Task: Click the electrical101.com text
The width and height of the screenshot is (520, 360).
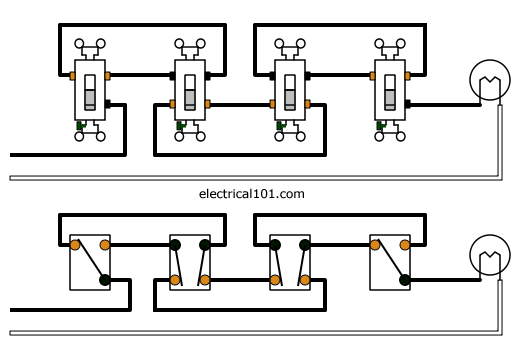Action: [251, 193]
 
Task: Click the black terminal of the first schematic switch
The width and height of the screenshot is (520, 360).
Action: [105, 281]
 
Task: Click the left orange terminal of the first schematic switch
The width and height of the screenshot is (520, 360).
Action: [75, 244]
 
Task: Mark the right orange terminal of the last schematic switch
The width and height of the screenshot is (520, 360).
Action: [405, 244]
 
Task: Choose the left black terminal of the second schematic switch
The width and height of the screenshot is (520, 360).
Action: [175, 244]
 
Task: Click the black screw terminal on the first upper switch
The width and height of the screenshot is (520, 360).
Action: [106, 102]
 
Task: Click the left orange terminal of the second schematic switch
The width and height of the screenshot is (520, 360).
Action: [175, 281]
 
